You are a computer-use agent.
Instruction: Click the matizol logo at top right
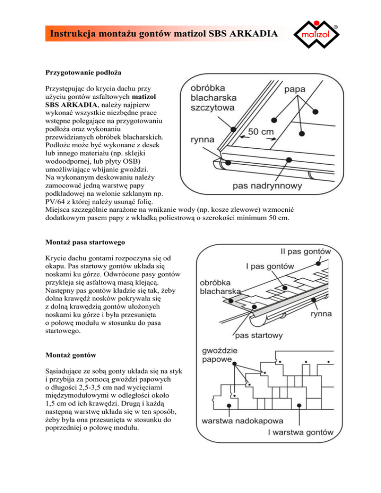[x=319, y=35]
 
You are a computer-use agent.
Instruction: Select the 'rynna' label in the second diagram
[x=321, y=314]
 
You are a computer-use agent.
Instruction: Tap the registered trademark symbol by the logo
[x=336, y=25]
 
